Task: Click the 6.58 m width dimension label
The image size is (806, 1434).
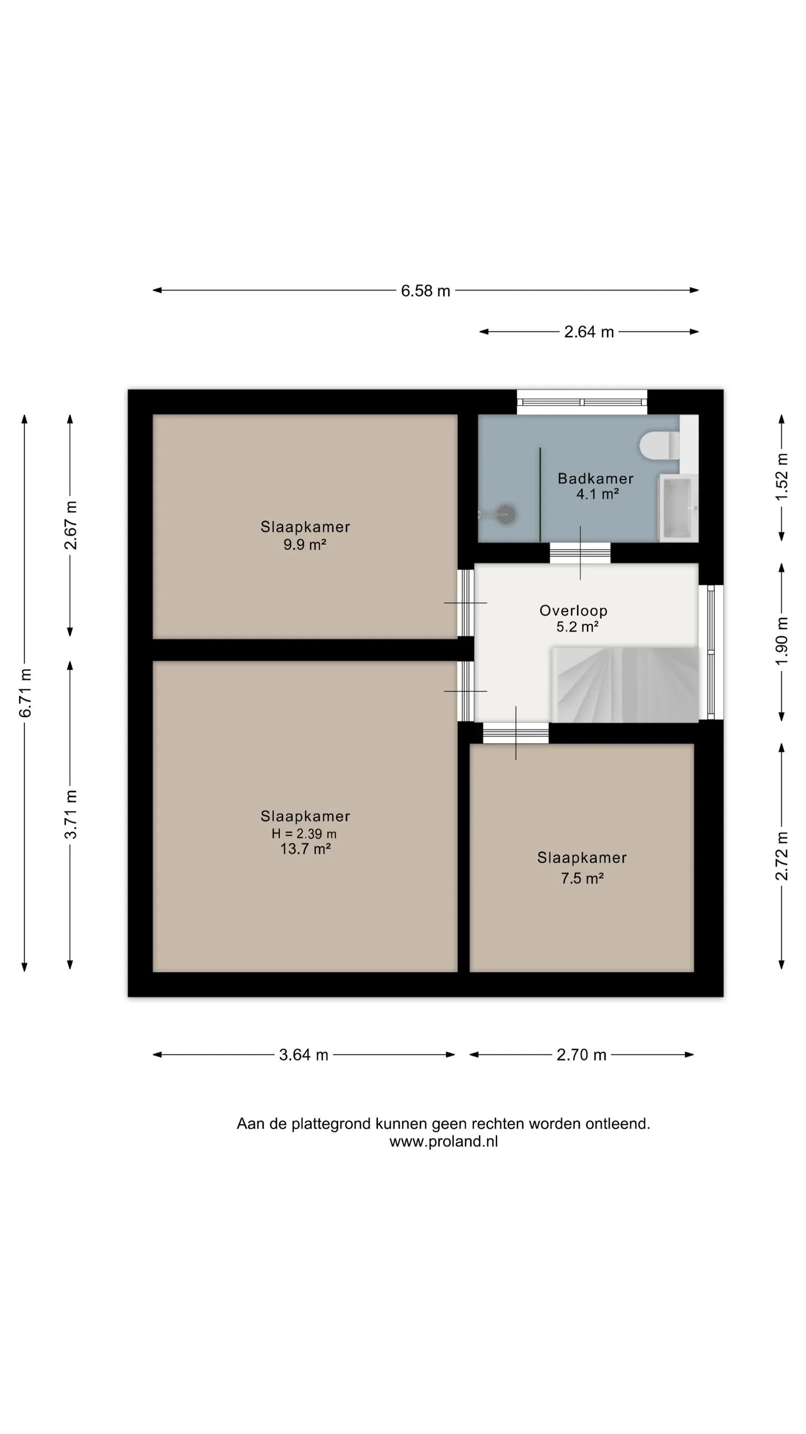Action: (425, 291)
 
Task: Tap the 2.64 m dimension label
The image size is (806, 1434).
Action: (589, 332)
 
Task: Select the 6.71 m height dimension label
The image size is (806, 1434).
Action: (25, 693)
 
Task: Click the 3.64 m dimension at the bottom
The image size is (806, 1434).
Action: (303, 1055)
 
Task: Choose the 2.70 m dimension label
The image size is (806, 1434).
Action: (582, 1055)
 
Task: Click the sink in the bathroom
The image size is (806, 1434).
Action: (678, 508)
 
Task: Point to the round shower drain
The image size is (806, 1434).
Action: (507, 514)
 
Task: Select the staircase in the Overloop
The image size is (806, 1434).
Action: (625, 685)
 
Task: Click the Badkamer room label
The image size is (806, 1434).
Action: (596, 478)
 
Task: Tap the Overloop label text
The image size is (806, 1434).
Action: (573, 611)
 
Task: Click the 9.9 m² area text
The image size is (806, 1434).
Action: (304, 544)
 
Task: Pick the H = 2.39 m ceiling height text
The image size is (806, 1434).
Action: (304, 834)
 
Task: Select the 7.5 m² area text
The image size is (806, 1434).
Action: (582, 878)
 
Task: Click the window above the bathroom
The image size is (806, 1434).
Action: (582, 402)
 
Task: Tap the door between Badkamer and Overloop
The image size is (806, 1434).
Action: (580, 553)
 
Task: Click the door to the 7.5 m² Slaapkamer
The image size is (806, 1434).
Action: (516, 733)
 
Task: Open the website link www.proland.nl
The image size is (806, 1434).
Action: (443, 1142)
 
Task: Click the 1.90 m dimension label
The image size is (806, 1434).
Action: (782, 641)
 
